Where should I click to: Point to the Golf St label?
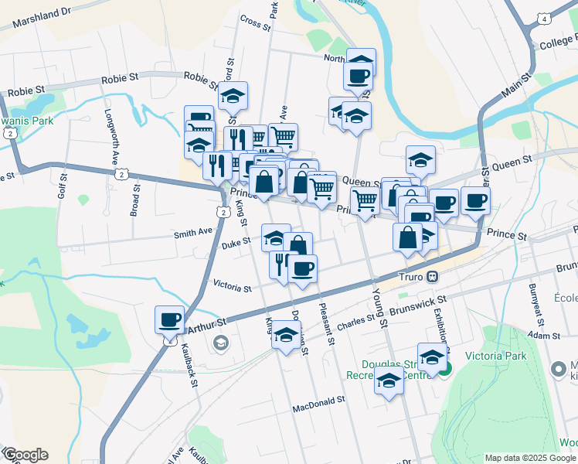62,186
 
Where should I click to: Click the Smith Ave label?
193,232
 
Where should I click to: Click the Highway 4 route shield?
545,19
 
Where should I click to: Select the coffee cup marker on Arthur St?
169,319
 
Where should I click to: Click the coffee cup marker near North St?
359,76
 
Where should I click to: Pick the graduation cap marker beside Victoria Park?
432,356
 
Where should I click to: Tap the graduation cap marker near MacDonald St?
389,380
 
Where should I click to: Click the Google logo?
25,455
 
